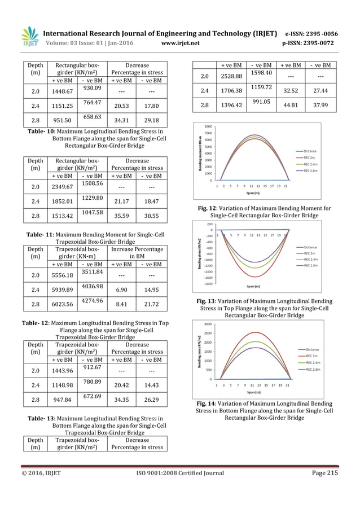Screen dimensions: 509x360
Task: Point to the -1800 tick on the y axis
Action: pyautogui.click(x=207, y=284)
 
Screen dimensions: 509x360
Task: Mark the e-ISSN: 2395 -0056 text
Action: pyautogui.click(x=317, y=33)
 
